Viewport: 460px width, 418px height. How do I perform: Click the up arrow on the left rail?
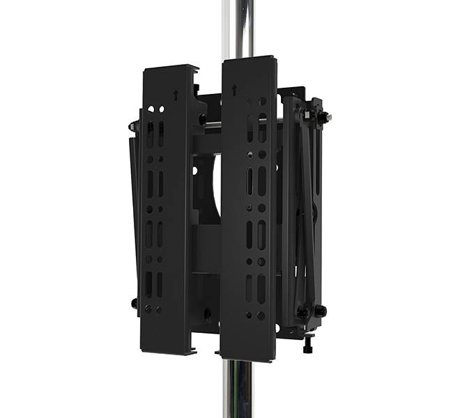click(x=175, y=95)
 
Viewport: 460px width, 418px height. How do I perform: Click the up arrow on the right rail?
click(x=234, y=90)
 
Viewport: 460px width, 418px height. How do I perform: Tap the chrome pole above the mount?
click(x=238, y=28)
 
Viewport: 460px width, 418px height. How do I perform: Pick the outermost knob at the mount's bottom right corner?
click(x=320, y=310)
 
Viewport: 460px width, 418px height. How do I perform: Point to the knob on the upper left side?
click(x=132, y=127)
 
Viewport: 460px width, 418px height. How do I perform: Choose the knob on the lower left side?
click(x=134, y=303)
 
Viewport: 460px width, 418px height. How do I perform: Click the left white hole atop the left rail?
click(x=151, y=109)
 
